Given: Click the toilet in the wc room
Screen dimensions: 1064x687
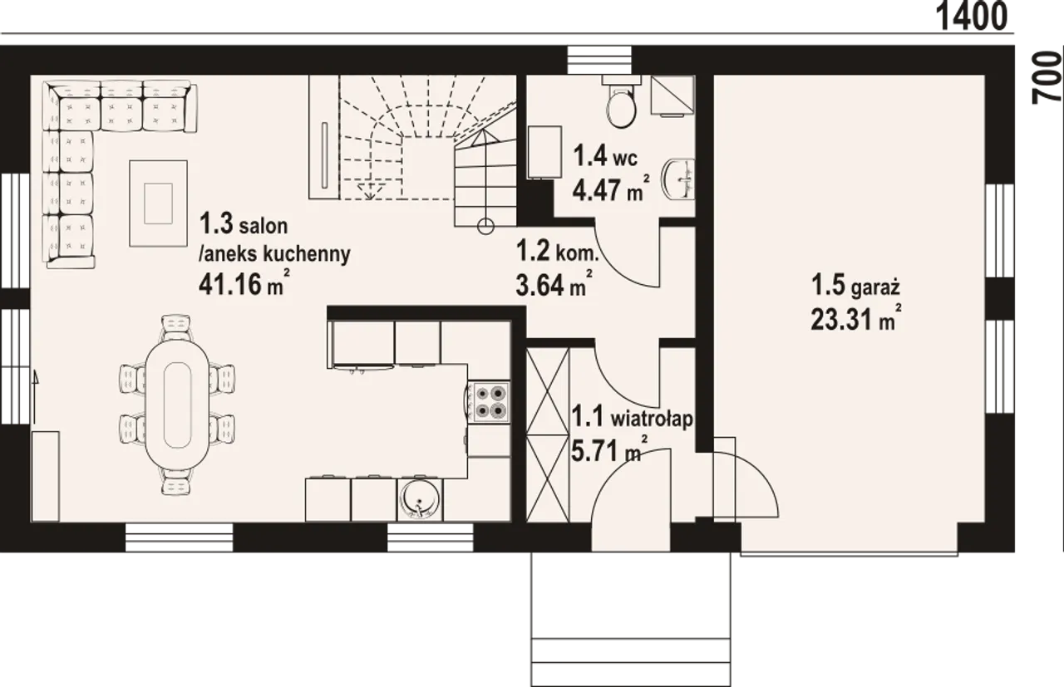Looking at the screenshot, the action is pyautogui.click(x=621, y=104).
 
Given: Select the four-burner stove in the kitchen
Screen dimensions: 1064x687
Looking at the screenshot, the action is pyautogui.click(x=490, y=402).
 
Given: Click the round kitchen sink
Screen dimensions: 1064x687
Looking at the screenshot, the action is pyautogui.click(x=420, y=500).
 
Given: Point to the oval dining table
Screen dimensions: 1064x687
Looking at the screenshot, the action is pyautogui.click(x=177, y=405).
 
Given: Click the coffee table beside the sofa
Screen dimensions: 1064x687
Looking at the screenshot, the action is pyautogui.click(x=158, y=204).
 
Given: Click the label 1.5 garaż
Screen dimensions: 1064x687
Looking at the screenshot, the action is pyautogui.click(x=855, y=287).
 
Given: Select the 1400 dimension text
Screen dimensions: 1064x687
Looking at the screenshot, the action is pyautogui.click(x=972, y=16).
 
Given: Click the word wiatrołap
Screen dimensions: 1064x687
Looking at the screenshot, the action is pyautogui.click(x=652, y=420).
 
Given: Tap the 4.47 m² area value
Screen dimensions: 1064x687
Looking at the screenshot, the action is pyautogui.click(x=611, y=189).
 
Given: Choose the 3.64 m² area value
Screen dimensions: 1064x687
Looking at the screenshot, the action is pyautogui.click(x=554, y=283).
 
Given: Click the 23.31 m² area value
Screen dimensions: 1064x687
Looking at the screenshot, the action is pyautogui.click(x=856, y=318).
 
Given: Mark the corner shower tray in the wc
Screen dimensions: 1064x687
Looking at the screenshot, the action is pyautogui.click(x=672, y=97).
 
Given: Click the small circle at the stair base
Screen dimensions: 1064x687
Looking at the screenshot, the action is pyautogui.click(x=485, y=227).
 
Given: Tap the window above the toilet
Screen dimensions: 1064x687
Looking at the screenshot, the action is pyautogui.click(x=599, y=60).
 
